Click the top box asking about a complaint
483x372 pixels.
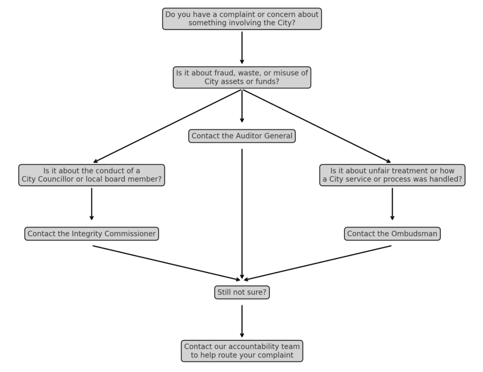(x=242, y=19)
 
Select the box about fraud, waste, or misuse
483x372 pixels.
(x=242, y=78)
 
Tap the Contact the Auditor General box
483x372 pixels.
(x=242, y=136)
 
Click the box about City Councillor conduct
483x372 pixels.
(x=91, y=175)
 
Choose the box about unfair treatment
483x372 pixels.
(x=392, y=175)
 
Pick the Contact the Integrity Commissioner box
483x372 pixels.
(x=91, y=234)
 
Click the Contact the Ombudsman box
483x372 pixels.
(x=392, y=234)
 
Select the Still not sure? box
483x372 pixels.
(x=242, y=292)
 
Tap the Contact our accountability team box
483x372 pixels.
(x=242, y=351)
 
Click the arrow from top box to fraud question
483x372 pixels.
(x=242, y=48)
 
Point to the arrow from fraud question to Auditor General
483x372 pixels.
(x=242, y=106)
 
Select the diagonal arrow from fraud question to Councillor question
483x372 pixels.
(x=167, y=126)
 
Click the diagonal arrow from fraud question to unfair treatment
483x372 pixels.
(x=317, y=126)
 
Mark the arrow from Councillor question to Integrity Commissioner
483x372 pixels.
(x=91, y=204)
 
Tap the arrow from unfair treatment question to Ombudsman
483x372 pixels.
(x=392, y=204)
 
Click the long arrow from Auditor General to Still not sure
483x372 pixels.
(x=242, y=214)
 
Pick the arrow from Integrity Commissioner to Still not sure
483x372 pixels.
(x=167, y=263)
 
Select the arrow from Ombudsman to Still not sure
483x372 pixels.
(x=318, y=263)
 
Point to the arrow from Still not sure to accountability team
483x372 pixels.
(x=242, y=321)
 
